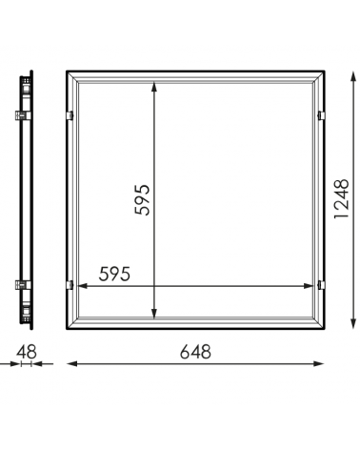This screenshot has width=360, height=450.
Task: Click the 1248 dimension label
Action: tap(342, 199)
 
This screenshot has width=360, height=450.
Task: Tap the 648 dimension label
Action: tap(195, 352)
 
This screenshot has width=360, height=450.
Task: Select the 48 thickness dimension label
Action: tap(27, 352)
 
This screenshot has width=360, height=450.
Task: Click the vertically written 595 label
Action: tap(142, 200)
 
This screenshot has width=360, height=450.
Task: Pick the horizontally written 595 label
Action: tap(114, 274)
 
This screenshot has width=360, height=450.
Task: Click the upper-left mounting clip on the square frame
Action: tap(70, 115)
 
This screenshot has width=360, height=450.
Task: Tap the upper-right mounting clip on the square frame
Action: tap(321, 115)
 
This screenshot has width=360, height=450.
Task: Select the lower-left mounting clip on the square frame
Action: tap(70, 285)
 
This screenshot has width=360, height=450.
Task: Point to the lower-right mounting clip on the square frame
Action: tap(321, 285)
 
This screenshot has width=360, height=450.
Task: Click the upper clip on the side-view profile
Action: tap(23, 115)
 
